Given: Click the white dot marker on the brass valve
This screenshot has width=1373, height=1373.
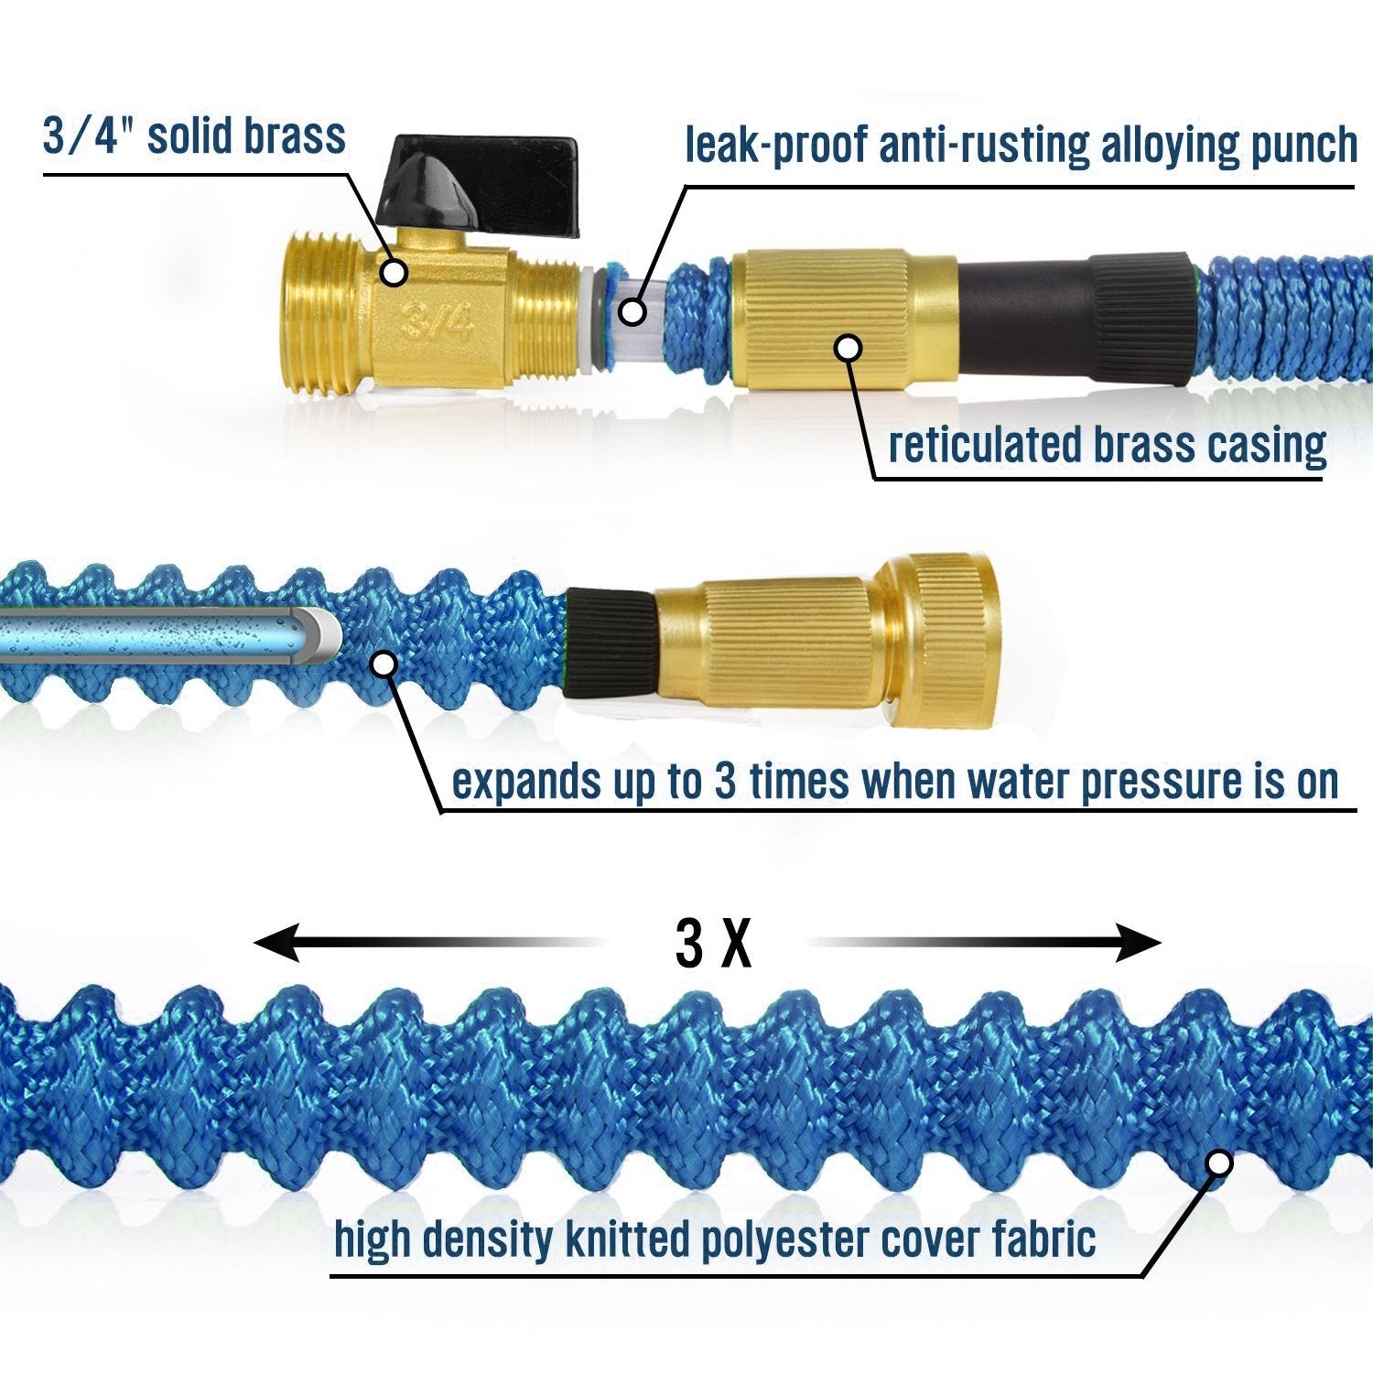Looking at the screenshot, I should [x=395, y=272].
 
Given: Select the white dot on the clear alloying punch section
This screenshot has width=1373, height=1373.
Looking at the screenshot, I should [x=631, y=311].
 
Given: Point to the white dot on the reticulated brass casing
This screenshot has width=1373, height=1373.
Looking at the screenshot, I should [x=849, y=348].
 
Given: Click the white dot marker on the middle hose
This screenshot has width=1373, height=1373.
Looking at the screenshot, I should [x=385, y=665].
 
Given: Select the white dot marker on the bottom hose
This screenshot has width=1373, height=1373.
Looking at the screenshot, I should [x=1218, y=1163].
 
